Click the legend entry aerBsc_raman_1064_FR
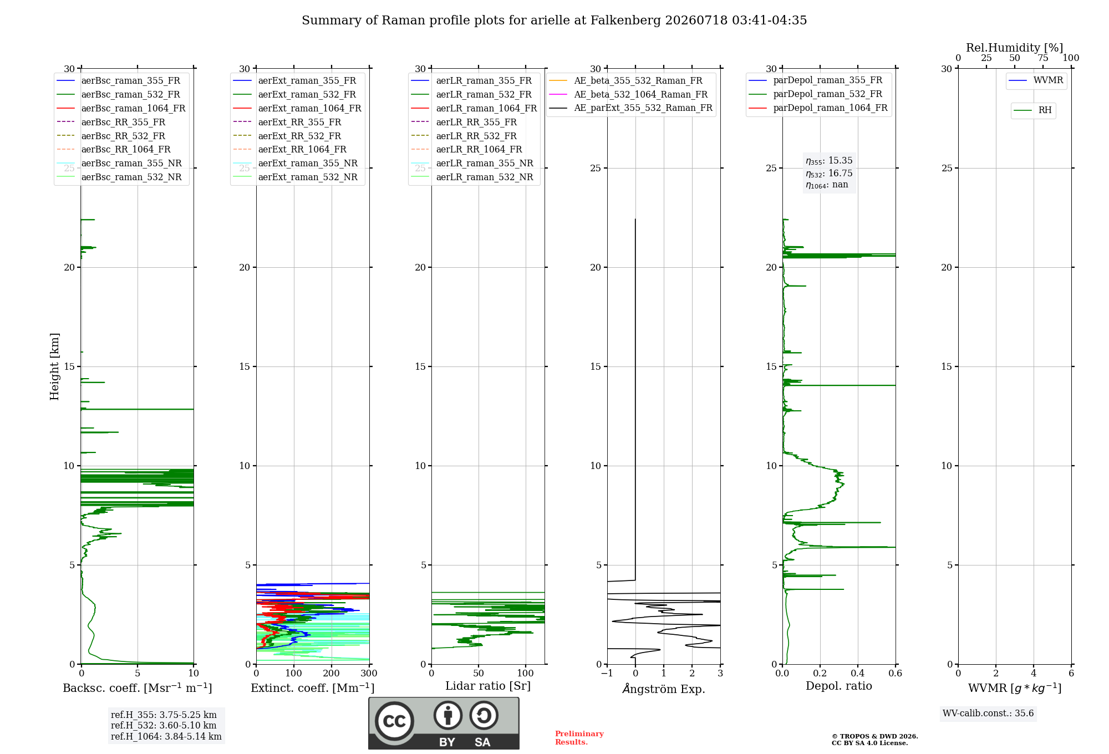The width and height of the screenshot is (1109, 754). point(121,108)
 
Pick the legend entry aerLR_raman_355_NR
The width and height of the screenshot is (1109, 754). point(472,163)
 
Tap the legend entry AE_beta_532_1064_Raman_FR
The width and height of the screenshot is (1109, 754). point(628,94)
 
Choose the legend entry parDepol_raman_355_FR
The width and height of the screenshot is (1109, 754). point(816,80)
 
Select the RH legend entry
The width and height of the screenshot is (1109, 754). point(1032,110)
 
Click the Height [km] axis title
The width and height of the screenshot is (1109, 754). point(54,366)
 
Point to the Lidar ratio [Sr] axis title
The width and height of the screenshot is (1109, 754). point(488,686)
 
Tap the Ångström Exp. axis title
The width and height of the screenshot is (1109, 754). point(664,689)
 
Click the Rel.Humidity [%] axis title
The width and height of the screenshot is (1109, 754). point(1015,48)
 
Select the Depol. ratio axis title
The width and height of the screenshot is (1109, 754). point(839,686)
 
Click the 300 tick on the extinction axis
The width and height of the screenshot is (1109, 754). point(369,674)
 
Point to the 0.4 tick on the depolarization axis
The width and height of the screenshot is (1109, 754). point(858,674)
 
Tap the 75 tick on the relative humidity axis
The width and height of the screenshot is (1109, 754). point(1043,58)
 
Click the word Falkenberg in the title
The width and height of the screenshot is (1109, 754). point(625,21)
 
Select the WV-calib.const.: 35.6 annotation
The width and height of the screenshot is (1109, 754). point(988,714)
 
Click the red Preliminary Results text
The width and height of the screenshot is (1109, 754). point(579,738)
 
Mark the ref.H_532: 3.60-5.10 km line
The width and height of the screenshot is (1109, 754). point(164,726)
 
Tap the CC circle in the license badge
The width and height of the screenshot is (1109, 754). point(394,721)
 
